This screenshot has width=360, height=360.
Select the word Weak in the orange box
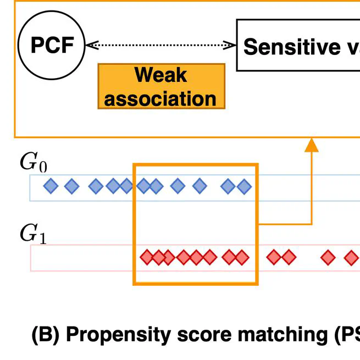click(x=160, y=75)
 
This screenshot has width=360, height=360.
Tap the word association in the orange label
click(x=160, y=99)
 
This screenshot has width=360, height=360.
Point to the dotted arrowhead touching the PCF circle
click(x=91, y=46)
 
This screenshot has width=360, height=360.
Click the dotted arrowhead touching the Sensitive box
click(x=231, y=46)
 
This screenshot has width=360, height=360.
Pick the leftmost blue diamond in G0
click(x=51, y=187)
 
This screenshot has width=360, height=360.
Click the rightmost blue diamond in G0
click(x=243, y=187)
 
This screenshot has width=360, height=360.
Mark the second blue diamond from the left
click(x=72, y=187)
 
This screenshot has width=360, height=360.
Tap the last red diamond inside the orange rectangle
click(x=242, y=257)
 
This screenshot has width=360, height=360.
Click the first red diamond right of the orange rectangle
click(x=273, y=257)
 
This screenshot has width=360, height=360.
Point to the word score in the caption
click(x=189, y=334)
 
